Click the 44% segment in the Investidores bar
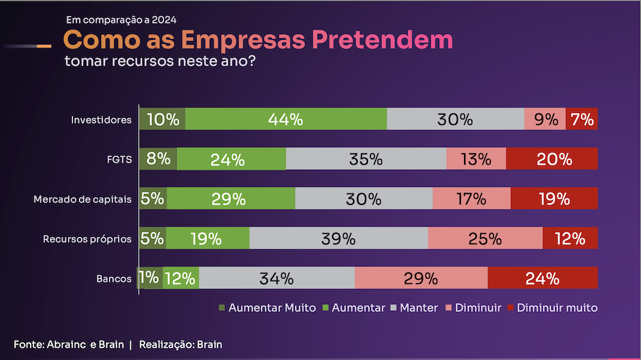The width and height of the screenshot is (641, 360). click(x=286, y=119)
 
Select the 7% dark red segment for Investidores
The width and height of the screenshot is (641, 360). click(x=582, y=119)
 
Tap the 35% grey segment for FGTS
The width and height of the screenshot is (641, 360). click(x=366, y=159)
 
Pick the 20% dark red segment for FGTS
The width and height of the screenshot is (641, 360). click(x=552, y=159)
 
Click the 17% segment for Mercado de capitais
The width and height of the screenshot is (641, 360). click(x=471, y=199)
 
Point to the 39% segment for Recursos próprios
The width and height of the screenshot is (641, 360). click(x=338, y=238)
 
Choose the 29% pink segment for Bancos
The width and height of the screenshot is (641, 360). click(x=420, y=278)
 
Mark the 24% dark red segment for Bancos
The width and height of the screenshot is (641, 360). click(x=542, y=278)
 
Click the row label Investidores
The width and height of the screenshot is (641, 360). click(x=101, y=120)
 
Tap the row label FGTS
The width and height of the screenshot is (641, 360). click(x=119, y=160)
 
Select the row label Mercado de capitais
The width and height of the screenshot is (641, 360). click(x=83, y=199)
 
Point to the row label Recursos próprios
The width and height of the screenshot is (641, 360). click(x=87, y=239)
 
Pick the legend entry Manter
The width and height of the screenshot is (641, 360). click(x=414, y=307)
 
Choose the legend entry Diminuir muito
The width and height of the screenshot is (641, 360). click(x=552, y=307)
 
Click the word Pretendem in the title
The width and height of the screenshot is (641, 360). click(x=382, y=40)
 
